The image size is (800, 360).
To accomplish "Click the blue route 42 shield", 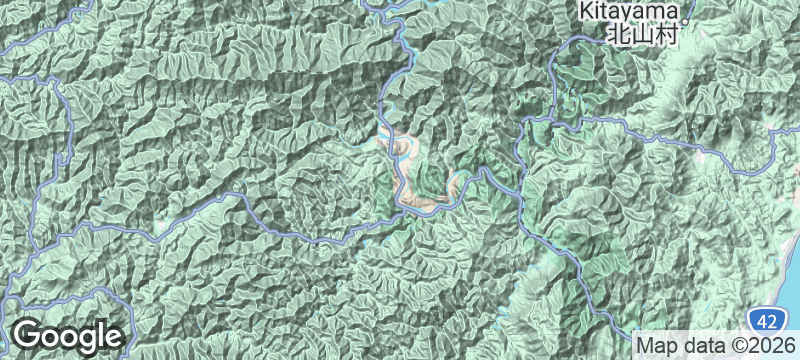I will pos(765,321).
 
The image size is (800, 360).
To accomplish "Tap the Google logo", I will pos(67,336).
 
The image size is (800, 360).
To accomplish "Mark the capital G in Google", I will pos(29,335).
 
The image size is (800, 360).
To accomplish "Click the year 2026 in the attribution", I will pos(775,345).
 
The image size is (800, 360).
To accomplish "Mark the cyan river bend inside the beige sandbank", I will pos(400,150).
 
